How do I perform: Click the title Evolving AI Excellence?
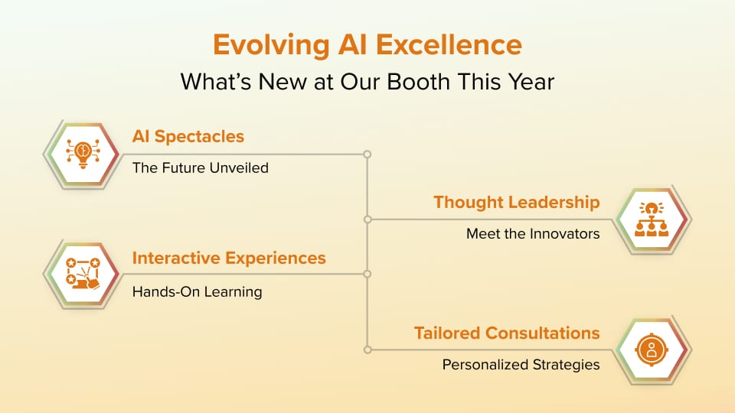367,45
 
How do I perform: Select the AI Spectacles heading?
188,136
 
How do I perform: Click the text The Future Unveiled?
200,167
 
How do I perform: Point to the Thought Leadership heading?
517,202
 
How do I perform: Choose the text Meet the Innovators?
533,234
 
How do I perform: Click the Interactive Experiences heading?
229,258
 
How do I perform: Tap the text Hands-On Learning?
197,291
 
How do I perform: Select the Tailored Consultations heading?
507,333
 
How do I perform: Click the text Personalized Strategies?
521,365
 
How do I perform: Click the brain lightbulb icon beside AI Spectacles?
83,154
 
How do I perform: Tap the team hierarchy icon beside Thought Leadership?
652,220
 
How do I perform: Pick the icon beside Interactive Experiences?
83,274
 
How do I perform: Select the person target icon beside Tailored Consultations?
652,350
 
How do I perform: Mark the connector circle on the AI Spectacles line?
367,154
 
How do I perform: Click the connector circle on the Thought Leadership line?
367,220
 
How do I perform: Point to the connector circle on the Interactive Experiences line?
367,274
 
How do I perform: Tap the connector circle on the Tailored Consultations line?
367,350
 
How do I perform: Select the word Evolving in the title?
271,46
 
